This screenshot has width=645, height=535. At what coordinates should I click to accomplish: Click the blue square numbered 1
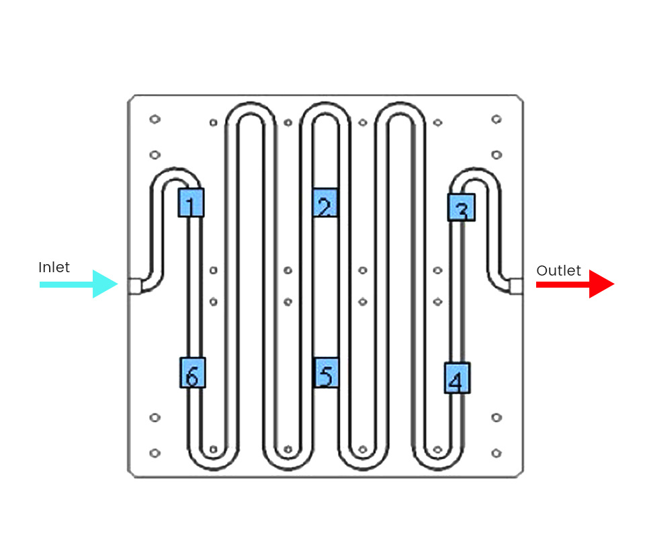pyautogui.click(x=191, y=202)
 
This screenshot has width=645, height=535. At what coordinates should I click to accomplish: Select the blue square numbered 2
pyautogui.click(x=325, y=203)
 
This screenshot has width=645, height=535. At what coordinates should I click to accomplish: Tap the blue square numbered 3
pyautogui.click(x=462, y=207)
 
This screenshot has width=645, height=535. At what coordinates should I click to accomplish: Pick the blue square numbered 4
pyautogui.click(x=457, y=378)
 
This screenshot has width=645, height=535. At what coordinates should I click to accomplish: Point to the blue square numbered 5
pyautogui.click(x=326, y=373)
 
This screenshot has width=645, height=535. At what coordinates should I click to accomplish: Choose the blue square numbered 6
pyautogui.click(x=192, y=372)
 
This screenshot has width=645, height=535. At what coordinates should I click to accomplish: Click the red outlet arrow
pyautogui.click(x=575, y=284)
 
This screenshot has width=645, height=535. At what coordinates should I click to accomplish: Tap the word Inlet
pyautogui.click(x=54, y=267)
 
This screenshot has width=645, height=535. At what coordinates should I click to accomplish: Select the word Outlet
pyautogui.click(x=558, y=271)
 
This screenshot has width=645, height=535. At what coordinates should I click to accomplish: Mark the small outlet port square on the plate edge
pyautogui.click(x=516, y=286)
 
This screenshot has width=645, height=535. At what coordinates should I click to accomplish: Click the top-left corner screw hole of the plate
pyautogui.click(x=155, y=120)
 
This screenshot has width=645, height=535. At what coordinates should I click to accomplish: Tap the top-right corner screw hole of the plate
pyautogui.click(x=496, y=120)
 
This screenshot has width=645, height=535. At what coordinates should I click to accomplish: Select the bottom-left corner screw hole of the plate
pyautogui.click(x=155, y=453)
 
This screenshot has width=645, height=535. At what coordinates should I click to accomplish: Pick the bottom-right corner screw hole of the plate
pyautogui.click(x=496, y=453)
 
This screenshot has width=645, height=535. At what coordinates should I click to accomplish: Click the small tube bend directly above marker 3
pyautogui.click(x=476, y=174)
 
